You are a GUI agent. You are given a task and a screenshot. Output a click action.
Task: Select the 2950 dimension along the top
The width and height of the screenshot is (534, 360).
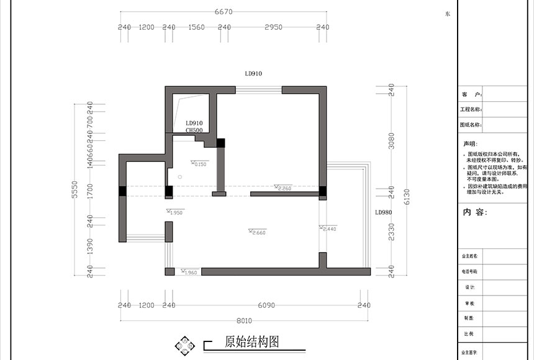click(x=273, y=27)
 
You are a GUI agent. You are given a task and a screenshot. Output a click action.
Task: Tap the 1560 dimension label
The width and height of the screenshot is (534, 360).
click(x=196, y=27)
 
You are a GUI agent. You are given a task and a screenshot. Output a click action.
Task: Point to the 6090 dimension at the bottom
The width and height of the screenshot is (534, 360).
click(x=266, y=305)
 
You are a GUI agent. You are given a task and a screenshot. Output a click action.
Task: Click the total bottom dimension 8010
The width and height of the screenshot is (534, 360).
click(x=244, y=320)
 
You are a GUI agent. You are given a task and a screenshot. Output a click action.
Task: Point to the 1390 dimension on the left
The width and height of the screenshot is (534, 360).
click(x=90, y=246)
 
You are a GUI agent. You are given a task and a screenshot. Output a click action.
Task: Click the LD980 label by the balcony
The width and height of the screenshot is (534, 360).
click(x=383, y=212)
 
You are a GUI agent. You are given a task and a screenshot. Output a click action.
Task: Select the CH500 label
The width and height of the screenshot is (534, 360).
click(x=194, y=130)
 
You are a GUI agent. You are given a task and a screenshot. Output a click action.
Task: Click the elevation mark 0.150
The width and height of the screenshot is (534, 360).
click(x=199, y=164)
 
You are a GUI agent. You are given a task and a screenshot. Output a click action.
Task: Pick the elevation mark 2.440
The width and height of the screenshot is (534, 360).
click(x=328, y=229)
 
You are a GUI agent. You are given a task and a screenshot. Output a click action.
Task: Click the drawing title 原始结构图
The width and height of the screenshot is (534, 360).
click(x=251, y=341)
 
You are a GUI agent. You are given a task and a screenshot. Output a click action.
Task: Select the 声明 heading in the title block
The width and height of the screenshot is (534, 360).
click(x=470, y=143)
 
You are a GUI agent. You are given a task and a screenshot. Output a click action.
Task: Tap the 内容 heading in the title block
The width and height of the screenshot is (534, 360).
click(x=475, y=212)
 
